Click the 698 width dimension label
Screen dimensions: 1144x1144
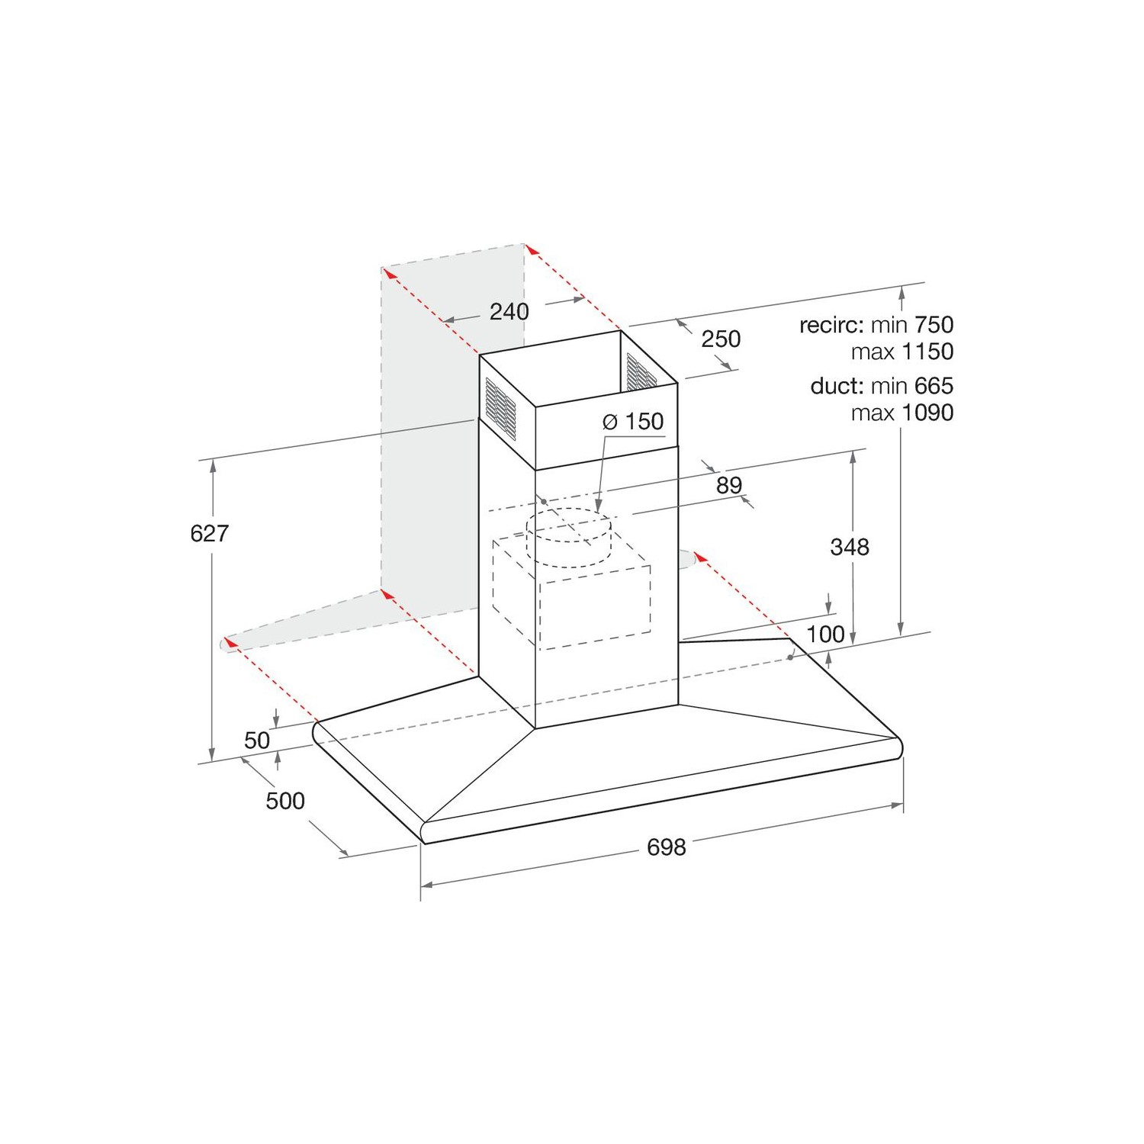click(666, 847)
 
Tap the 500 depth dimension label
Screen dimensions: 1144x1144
click(285, 800)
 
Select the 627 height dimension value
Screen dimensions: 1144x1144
click(209, 533)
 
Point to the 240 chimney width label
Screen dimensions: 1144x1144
click(509, 311)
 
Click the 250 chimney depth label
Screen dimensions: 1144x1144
click(721, 339)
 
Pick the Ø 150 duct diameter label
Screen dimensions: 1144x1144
click(633, 421)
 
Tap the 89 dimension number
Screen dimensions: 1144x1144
click(729, 484)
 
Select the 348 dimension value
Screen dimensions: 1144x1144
click(850, 546)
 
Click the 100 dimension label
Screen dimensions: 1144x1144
click(825, 634)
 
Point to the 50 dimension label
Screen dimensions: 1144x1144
click(257, 740)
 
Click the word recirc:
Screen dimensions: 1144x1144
click(831, 325)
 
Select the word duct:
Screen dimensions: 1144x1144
click(837, 386)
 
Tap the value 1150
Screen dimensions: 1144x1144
click(927, 352)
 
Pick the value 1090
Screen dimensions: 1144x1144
click(927, 413)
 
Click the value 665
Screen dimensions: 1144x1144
click(934, 386)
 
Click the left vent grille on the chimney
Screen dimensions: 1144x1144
click(500, 407)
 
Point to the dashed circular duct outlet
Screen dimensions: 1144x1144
click(569, 538)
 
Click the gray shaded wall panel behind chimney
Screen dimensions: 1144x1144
click(427, 458)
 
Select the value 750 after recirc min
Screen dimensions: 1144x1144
click(934, 325)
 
